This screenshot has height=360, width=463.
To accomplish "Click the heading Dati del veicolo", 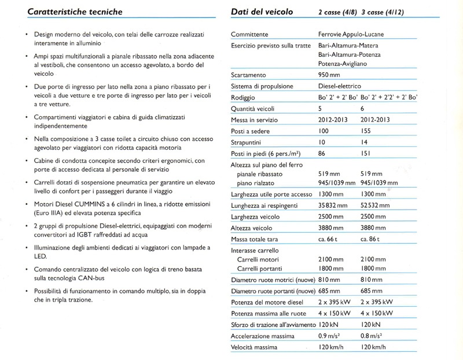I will coord(262,12).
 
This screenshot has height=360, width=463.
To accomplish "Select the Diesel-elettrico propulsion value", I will coord(342,86).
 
